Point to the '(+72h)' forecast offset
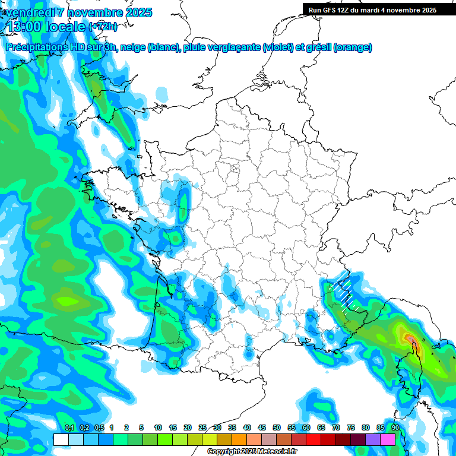coord(103,27)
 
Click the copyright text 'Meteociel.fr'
coord(277,452)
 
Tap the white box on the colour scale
coord(61,439)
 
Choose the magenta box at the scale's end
coord(388,439)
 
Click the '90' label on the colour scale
coord(395,427)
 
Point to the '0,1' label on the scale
coord(69,427)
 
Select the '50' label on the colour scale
coord(277,427)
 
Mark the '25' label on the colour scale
coord(202,427)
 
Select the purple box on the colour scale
coord(373,439)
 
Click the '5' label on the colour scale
coord(141,427)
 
